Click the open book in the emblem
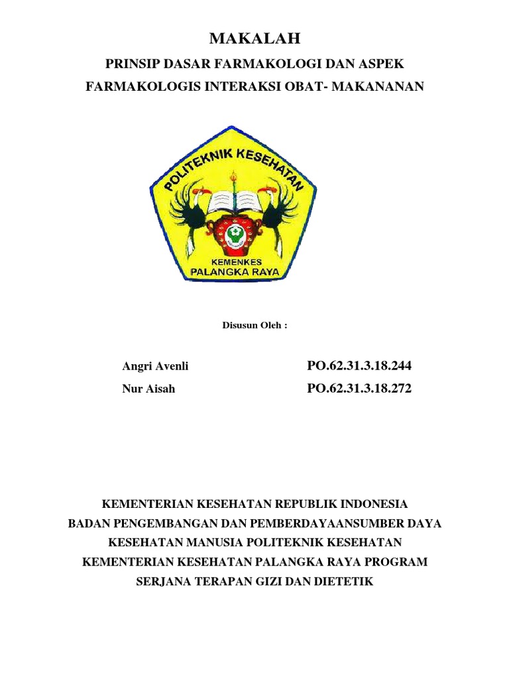(x=233, y=201)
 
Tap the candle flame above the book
(x=233, y=177)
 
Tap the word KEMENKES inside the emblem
(x=233, y=262)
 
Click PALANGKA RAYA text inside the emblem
(x=233, y=271)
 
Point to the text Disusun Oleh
(x=254, y=326)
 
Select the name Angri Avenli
(x=150, y=366)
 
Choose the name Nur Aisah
(x=149, y=389)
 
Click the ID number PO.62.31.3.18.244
(x=359, y=366)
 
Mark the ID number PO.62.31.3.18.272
(x=359, y=389)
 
